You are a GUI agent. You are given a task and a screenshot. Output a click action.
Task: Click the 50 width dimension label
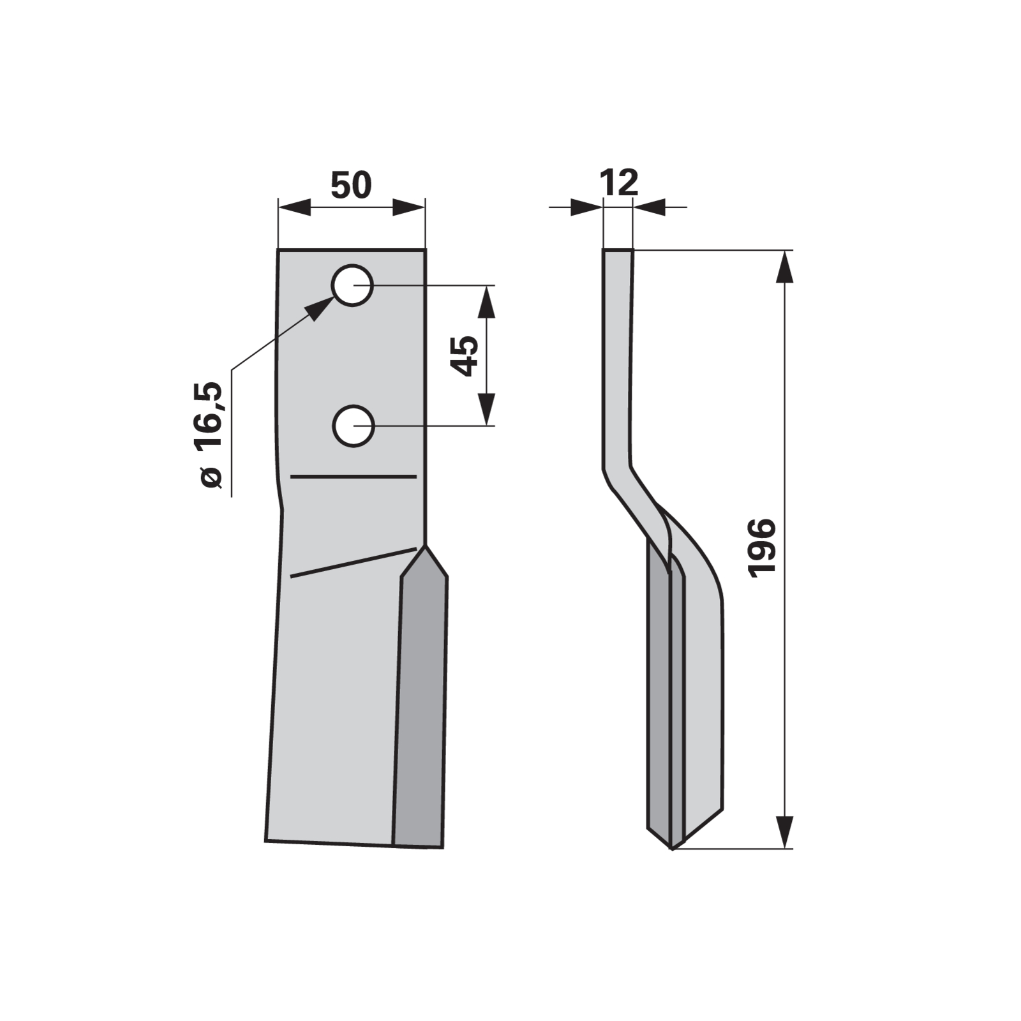coord(351,184)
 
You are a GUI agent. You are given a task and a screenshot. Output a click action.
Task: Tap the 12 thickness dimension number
coord(619,183)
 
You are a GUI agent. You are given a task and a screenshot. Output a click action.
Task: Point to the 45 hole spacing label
coord(465,355)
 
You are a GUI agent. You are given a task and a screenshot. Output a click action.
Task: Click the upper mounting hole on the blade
coord(352,285)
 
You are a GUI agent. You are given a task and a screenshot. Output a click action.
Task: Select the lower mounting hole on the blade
coord(353,426)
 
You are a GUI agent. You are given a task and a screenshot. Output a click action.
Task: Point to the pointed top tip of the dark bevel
coord(425,546)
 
